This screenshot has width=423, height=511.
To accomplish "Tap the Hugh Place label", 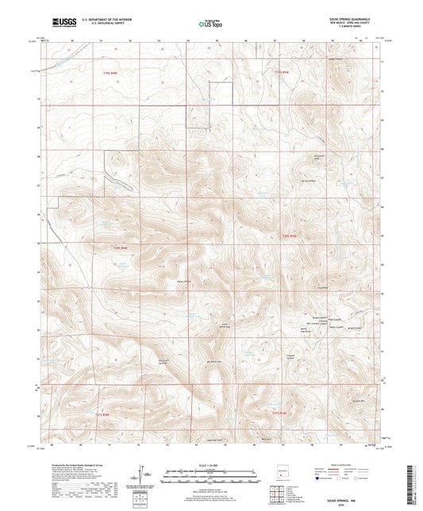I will click(x=322, y=288).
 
